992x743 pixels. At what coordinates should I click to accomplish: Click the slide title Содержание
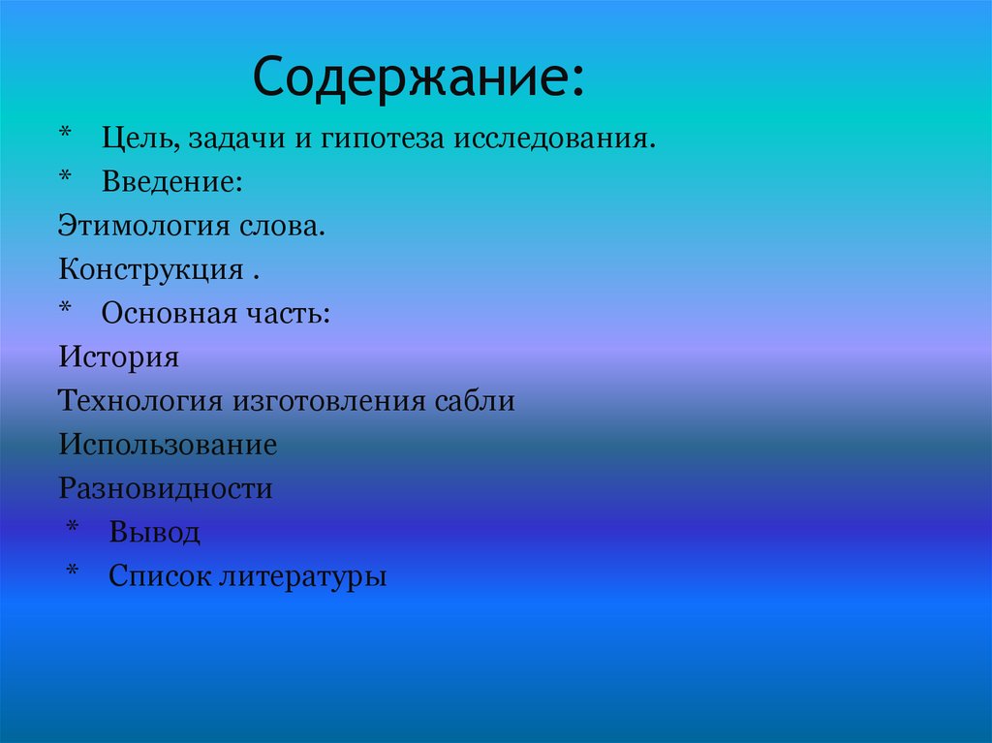pyautogui.click(x=418, y=78)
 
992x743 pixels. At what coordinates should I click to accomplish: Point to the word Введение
pyautogui.click(x=170, y=182)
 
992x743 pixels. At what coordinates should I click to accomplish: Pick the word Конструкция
pyautogui.click(x=150, y=269)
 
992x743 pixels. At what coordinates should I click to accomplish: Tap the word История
pyautogui.click(x=118, y=357)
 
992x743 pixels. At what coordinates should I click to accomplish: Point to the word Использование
pyautogui.click(x=168, y=445)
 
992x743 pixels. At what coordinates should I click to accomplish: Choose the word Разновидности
pyautogui.click(x=166, y=488)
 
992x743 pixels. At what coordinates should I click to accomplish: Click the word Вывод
pyautogui.click(x=154, y=533)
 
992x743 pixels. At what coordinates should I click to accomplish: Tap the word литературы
pyautogui.click(x=302, y=576)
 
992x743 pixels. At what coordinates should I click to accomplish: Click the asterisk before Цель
pyautogui.click(x=65, y=134)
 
